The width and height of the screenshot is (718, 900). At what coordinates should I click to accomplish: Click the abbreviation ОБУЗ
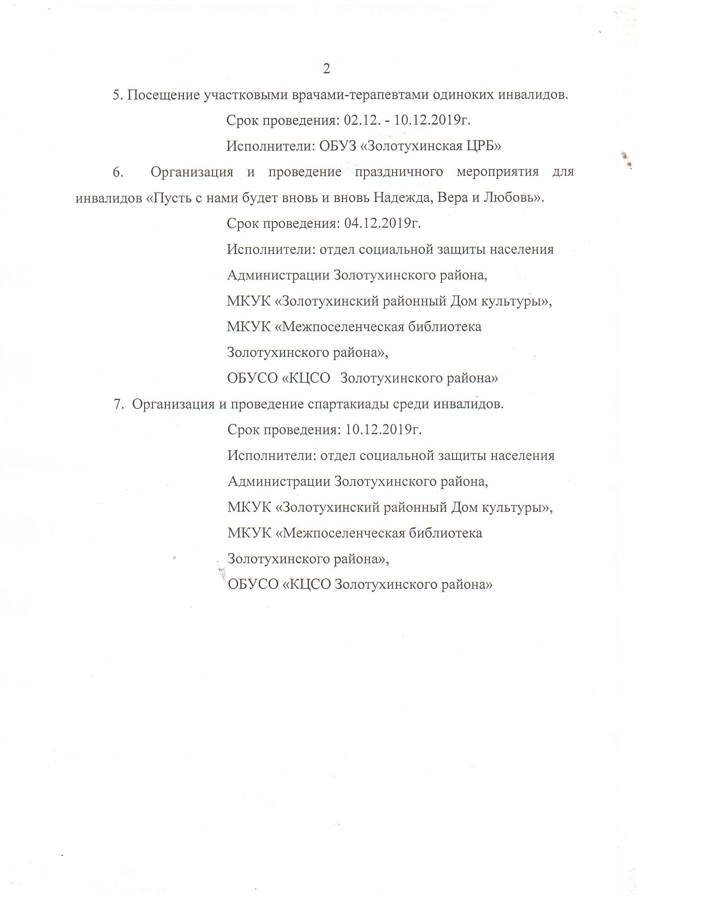pos(338,146)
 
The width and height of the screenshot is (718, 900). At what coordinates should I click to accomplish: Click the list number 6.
pos(118,172)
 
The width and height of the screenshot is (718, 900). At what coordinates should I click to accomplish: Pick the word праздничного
pos(398,172)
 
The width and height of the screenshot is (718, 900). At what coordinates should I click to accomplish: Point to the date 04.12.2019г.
pos(382,223)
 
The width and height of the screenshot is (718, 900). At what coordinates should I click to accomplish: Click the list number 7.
pos(118,404)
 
